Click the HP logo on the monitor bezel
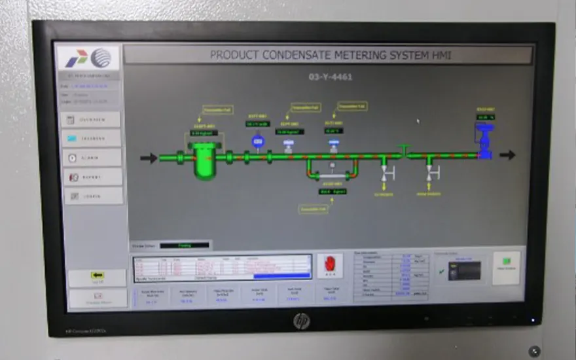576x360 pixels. click(301, 321)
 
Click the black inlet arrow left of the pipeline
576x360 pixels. click(149, 158)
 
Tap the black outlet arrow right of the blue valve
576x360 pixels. click(507, 155)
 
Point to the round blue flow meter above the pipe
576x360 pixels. click(257, 141)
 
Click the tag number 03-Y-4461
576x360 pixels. click(331, 77)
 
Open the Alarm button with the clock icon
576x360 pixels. click(92, 158)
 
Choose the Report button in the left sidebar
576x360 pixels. click(92, 177)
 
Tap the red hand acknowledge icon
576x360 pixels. click(330, 265)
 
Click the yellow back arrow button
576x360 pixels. click(98, 276)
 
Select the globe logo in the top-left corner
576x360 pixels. click(101, 58)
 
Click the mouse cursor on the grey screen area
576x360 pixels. click(418, 120)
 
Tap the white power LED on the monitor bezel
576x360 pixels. click(532, 321)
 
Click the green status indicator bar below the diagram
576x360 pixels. click(185, 245)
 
